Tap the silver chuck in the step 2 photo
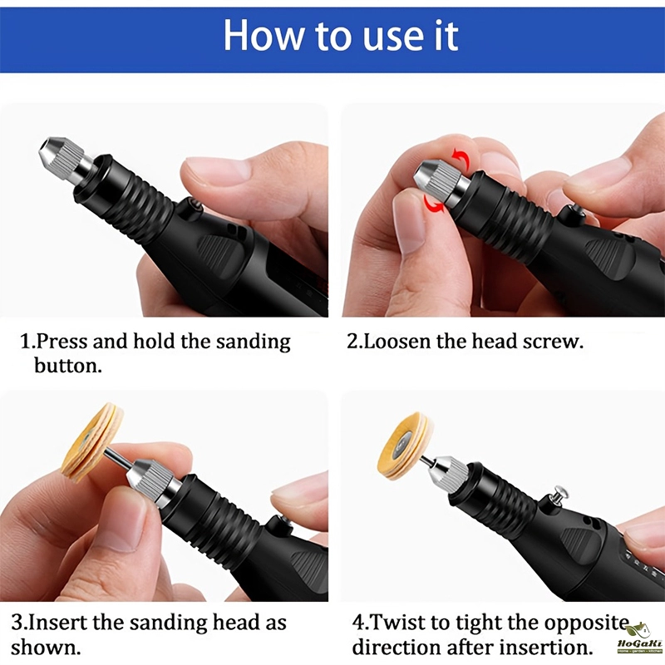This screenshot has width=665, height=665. click(x=443, y=182)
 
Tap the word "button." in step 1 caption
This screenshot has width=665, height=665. click(x=68, y=365)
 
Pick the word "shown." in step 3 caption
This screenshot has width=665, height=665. click(x=46, y=648)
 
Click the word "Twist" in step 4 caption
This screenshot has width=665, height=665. click(x=397, y=623)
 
